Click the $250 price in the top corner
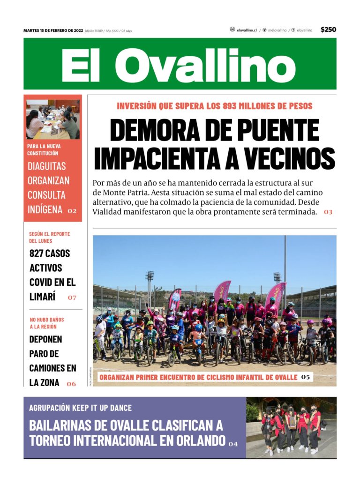[328, 30]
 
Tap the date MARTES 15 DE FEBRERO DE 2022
[53, 30]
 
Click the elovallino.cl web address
[247, 30]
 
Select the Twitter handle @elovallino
[277, 30]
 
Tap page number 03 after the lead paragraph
[328, 212]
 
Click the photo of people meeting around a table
[52, 119]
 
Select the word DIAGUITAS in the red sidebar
[46, 166]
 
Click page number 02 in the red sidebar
[72, 211]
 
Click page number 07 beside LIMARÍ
[72, 298]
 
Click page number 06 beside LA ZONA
[71, 384]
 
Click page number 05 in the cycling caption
[306, 377]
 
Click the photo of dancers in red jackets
[291, 427]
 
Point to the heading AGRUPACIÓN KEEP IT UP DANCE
[80, 408]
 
